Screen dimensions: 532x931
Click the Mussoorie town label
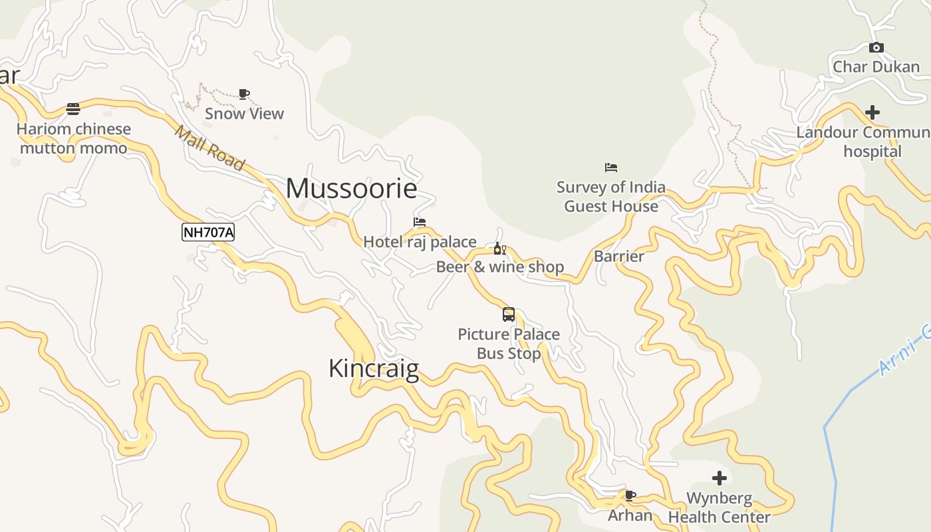[351, 189]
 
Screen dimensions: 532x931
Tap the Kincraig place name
[374, 368]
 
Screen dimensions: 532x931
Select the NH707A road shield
[208, 232]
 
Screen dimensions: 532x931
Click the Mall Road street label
[209, 148]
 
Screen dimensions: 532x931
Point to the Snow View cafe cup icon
[244, 94]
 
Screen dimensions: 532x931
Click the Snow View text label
[244, 114]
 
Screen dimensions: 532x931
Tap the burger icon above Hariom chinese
[73, 109]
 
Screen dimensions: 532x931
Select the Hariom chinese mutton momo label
[73, 138]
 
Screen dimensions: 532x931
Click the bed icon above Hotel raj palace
[419, 222]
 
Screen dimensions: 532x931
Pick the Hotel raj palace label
[420, 242]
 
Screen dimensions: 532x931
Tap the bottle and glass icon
[499, 249]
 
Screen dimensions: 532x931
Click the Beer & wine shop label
[499, 267]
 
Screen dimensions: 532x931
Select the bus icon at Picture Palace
[509, 315]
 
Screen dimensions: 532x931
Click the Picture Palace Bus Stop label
[509, 344]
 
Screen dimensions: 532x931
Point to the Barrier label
[619, 257]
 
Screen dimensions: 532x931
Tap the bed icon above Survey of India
[610, 168]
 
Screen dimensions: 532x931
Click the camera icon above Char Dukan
[876, 47]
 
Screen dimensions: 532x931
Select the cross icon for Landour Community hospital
[872, 112]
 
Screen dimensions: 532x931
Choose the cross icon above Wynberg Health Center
[719, 478]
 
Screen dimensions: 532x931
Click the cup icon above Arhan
[630, 495]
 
